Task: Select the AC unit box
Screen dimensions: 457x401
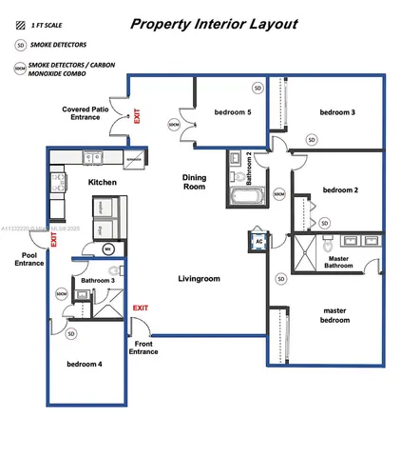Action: point(258,242)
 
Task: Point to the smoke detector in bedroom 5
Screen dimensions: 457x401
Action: point(257,88)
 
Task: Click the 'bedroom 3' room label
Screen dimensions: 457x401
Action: point(337,112)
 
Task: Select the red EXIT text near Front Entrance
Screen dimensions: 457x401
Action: point(141,308)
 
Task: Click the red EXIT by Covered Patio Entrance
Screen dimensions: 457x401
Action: point(139,116)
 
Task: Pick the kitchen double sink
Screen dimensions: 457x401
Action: point(93,158)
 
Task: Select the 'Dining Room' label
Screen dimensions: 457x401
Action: point(195,183)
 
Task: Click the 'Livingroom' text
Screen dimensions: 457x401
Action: point(199,279)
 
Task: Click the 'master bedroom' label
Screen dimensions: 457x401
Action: point(335,314)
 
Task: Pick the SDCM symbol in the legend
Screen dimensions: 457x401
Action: point(20,69)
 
